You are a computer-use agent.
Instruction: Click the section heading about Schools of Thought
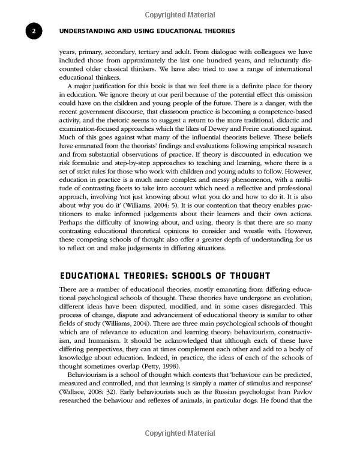pos(164,276)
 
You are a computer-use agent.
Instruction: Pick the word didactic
pos(299,119)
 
